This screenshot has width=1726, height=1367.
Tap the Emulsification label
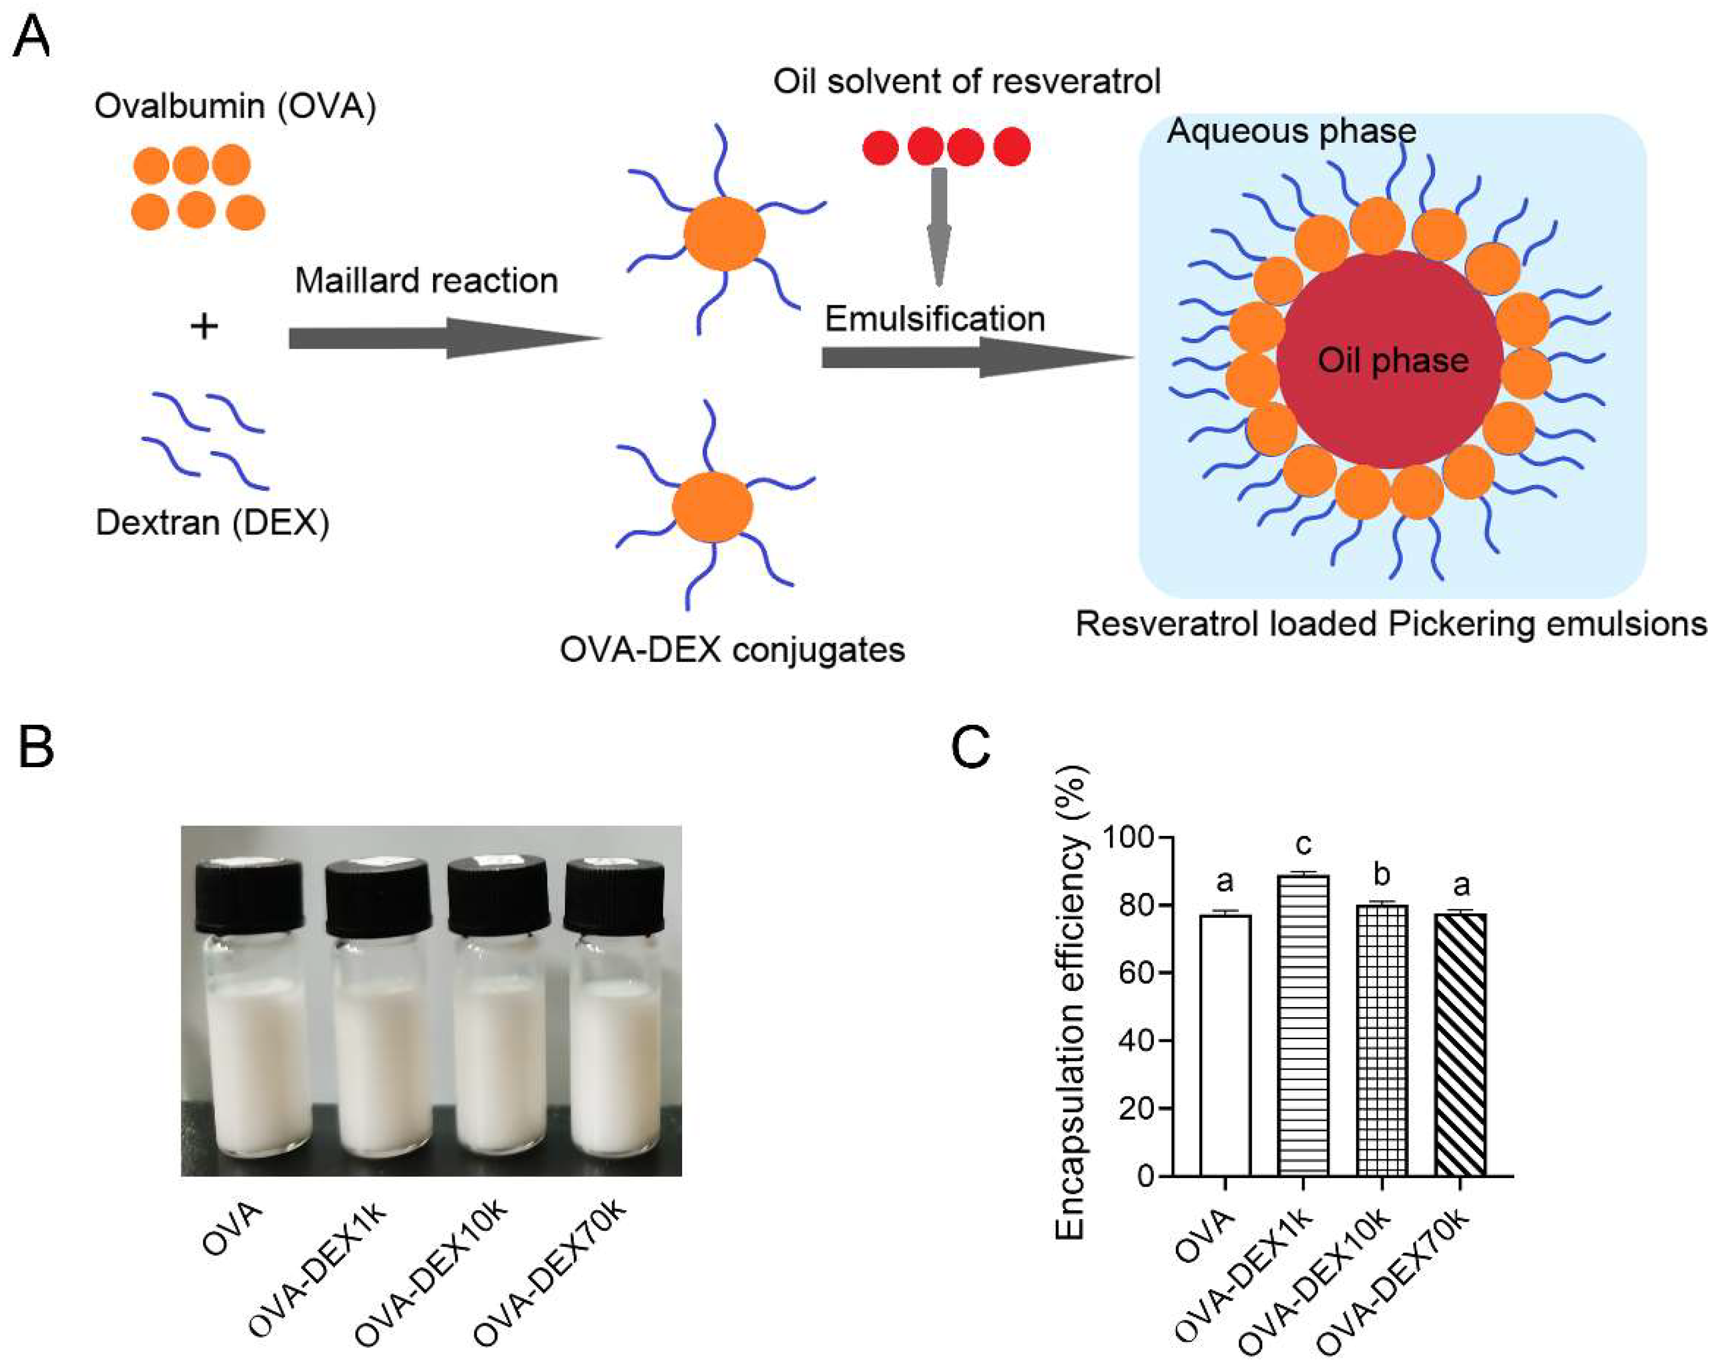(934, 319)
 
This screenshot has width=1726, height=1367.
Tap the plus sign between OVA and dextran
(204, 327)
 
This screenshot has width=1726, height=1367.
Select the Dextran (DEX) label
(212, 523)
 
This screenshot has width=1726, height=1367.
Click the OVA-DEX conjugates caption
(732, 649)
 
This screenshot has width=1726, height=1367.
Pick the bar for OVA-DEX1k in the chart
(1303, 1025)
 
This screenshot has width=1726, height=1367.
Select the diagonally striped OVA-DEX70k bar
(1460, 1045)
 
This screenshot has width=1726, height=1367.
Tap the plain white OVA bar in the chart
(1225, 1045)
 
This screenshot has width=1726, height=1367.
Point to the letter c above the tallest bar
(1303, 844)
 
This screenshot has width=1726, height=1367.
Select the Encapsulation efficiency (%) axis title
(1072, 1004)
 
